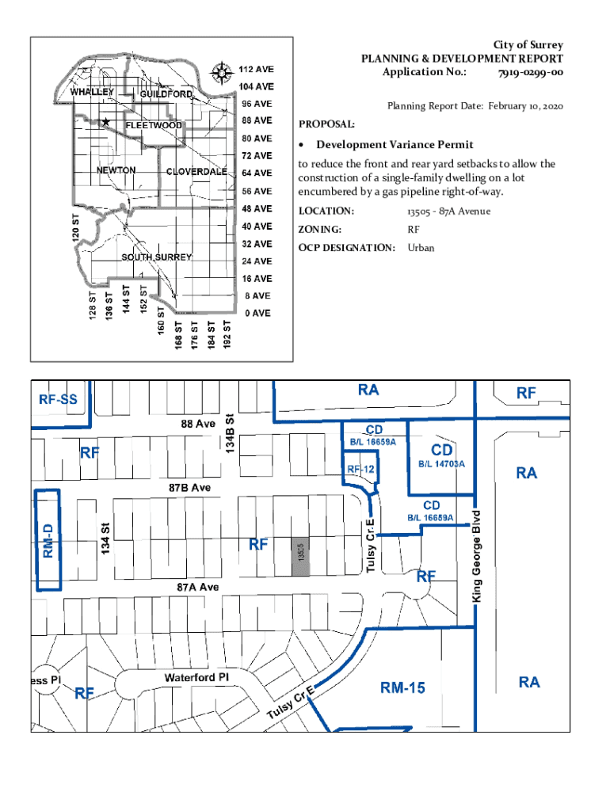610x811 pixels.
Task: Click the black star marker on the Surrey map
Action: [x=105, y=122]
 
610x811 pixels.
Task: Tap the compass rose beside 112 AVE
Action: [x=221, y=74]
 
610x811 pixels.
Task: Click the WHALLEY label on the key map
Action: [x=93, y=92]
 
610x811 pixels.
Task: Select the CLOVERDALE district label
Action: [x=196, y=172]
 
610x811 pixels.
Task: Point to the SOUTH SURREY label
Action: [x=157, y=257]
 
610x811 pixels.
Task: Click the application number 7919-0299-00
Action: [x=530, y=73]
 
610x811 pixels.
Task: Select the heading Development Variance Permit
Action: [x=395, y=145]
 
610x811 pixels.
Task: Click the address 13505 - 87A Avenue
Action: [x=448, y=211]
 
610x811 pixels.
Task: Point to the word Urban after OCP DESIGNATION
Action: [x=421, y=248]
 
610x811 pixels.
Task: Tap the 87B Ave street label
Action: [x=189, y=488]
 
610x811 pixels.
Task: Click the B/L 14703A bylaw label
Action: [x=436, y=463]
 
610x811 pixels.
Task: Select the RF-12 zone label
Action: [x=360, y=469]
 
